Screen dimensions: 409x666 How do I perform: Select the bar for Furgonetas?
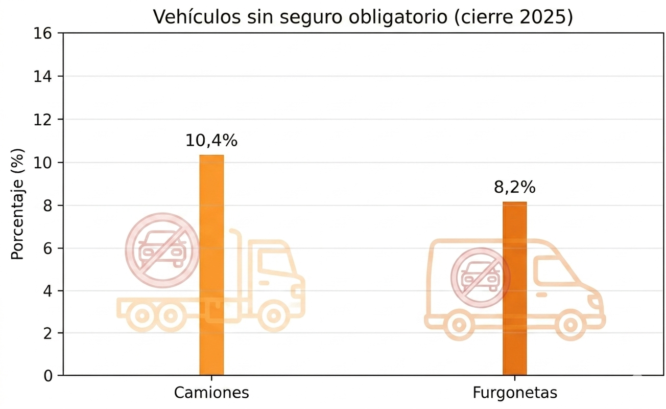click(x=514, y=288)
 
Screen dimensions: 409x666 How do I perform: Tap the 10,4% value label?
click(x=211, y=141)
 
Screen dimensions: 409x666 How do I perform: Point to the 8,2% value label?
click(x=514, y=188)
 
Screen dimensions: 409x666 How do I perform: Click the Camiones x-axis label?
click(x=211, y=393)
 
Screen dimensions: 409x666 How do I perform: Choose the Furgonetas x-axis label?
click(x=514, y=393)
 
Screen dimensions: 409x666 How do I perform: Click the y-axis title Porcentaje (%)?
click(x=18, y=204)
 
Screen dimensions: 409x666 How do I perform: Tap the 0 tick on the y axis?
click(x=48, y=376)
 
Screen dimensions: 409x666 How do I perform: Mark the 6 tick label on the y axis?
click(x=48, y=248)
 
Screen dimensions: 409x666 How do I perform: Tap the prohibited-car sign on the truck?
click(x=162, y=250)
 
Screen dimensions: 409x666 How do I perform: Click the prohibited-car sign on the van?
click(x=480, y=278)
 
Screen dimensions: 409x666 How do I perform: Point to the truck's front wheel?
click(x=273, y=315)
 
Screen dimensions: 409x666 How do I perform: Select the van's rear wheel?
click(x=459, y=324)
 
